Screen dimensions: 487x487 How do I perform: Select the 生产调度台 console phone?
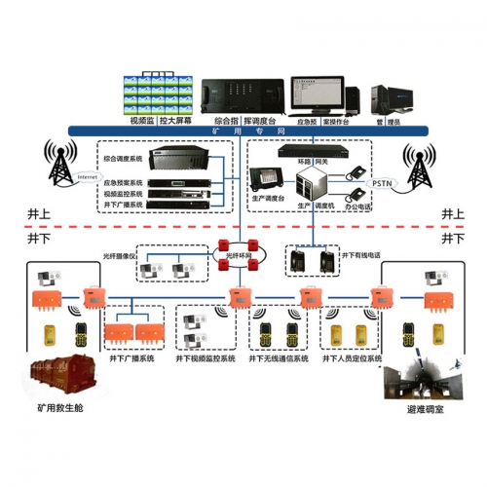[x=263, y=179]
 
